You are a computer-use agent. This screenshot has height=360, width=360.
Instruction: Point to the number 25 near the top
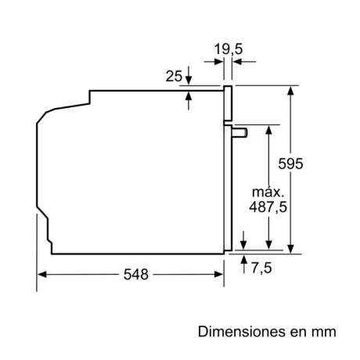click(x=174, y=76)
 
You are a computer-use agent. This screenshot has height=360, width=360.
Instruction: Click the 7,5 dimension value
click(x=262, y=268)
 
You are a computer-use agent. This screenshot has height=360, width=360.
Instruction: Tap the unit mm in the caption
click(x=326, y=332)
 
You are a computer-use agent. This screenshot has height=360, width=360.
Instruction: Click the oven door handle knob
click(x=243, y=132)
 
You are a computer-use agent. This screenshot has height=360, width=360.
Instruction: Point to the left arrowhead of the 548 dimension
click(x=41, y=275)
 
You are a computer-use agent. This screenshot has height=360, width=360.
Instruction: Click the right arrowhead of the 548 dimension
click(x=221, y=275)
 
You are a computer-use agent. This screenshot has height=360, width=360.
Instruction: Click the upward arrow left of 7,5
click(x=244, y=259)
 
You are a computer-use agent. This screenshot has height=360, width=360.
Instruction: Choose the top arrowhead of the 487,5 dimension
click(x=268, y=129)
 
